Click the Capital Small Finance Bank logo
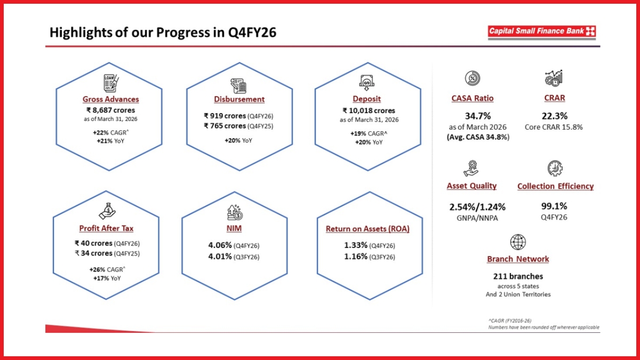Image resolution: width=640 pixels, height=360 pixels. click(x=541, y=31)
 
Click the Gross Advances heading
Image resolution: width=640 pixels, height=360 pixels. click(x=110, y=99)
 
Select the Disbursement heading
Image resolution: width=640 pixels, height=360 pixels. click(x=239, y=99)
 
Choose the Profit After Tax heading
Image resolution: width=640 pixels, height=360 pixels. click(x=106, y=229)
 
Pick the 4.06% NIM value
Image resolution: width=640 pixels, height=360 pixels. click(x=220, y=245)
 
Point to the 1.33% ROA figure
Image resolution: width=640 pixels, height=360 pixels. click(x=356, y=245)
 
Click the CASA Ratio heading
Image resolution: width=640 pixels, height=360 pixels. click(x=472, y=98)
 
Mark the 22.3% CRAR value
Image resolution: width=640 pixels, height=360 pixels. click(x=555, y=115)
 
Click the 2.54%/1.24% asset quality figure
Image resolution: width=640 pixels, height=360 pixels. click(x=477, y=206)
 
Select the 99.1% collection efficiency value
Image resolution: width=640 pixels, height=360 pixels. click(x=555, y=206)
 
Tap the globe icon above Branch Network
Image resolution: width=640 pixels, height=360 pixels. click(x=518, y=242)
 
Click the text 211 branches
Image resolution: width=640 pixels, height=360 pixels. click(x=518, y=276)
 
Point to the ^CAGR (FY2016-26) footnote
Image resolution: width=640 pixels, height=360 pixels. click(x=509, y=321)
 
